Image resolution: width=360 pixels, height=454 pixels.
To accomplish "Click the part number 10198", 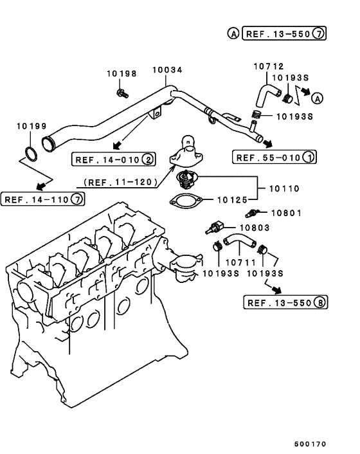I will [x=122, y=74].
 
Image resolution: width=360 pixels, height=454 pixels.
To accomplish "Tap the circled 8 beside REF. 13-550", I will [x=319, y=302].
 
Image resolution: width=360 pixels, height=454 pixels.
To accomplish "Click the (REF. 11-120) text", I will [x=121, y=182].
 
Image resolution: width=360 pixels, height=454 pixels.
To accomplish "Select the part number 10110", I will [x=285, y=189].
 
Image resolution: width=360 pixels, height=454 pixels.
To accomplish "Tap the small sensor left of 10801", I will [x=253, y=213].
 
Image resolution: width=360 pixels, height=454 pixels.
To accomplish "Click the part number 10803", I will [x=255, y=227].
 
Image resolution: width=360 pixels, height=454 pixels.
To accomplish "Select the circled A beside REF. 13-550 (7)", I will [x=234, y=33].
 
